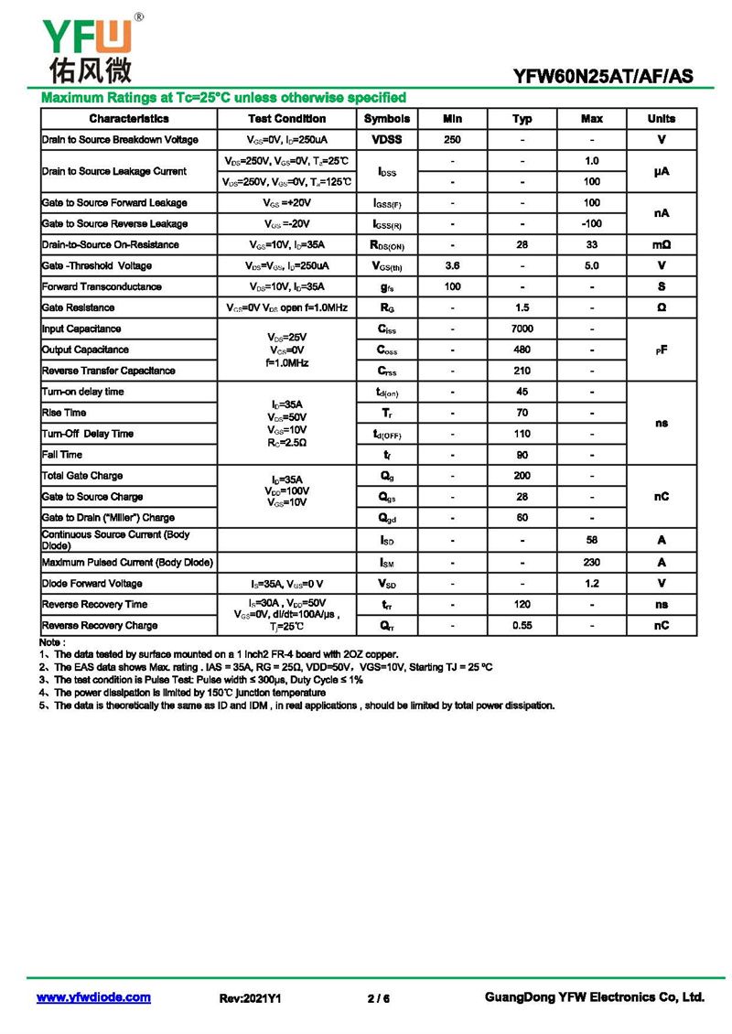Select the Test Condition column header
point(286,119)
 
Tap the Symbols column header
point(387,119)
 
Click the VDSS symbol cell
point(387,140)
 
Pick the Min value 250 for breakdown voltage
point(452,140)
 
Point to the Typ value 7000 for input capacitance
point(522,329)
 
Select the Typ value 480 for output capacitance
point(522,350)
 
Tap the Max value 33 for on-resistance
point(592,244)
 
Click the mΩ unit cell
point(662,244)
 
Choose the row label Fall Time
point(62,455)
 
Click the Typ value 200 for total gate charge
point(522,476)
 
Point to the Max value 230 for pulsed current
point(592,563)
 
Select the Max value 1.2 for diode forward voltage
point(592,584)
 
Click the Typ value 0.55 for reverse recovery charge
point(522,626)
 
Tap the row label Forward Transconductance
point(102,286)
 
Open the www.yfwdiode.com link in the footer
point(93,997)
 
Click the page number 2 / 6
point(378,998)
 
